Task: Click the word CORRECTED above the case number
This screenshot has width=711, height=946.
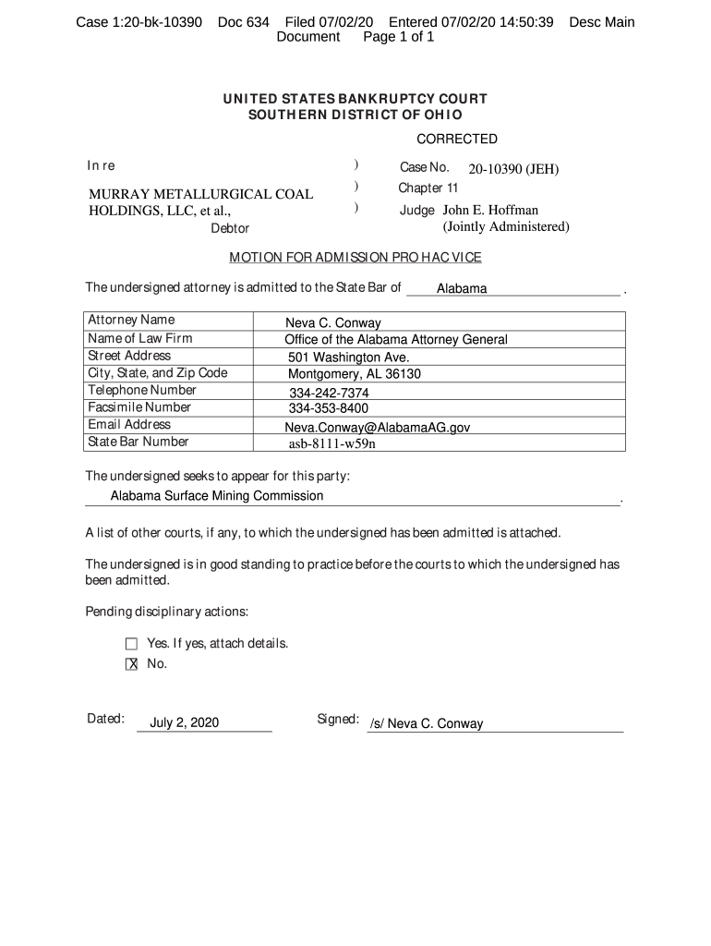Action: tap(457, 139)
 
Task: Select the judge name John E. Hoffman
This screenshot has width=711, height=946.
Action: tap(491, 211)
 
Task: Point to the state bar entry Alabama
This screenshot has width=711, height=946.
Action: tap(462, 289)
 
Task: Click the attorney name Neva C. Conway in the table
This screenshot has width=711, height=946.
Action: tap(332, 323)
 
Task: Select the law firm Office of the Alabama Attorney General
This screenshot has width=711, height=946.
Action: tap(396, 340)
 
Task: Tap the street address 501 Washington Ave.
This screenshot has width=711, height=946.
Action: tap(348, 358)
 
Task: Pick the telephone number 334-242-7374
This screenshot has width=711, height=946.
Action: tap(329, 393)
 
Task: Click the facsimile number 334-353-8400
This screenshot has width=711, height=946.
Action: tap(329, 408)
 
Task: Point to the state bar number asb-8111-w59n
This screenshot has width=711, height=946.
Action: tap(332, 443)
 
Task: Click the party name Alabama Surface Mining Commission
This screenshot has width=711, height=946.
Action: tap(217, 496)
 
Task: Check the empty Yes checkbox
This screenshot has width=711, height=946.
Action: tap(131, 644)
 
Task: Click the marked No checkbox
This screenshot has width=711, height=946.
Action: tap(131, 664)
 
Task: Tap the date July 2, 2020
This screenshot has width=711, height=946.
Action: tap(185, 722)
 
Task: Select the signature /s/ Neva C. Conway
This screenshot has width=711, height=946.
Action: tap(426, 724)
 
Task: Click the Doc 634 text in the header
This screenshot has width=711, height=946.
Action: tap(244, 22)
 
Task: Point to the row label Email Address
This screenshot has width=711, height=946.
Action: tap(129, 425)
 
